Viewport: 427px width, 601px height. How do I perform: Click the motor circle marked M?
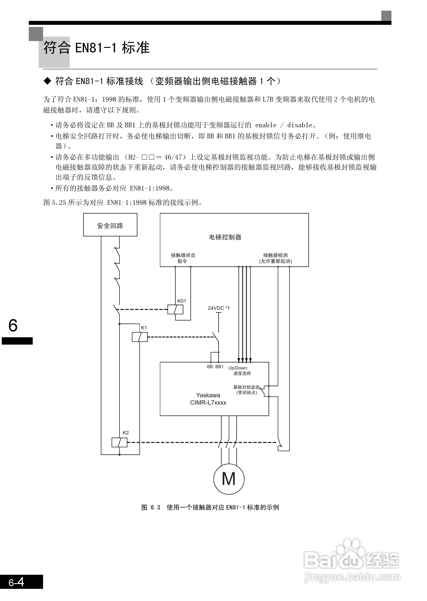point(229,479)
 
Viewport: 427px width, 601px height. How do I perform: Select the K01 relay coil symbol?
point(175,309)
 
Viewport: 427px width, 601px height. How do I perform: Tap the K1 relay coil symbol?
point(140,337)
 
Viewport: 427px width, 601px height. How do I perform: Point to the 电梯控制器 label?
point(225,237)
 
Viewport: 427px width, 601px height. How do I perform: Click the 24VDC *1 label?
point(219,308)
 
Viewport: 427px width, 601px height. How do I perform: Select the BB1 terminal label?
point(219,367)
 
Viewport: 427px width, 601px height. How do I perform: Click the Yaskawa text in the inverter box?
point(208,395)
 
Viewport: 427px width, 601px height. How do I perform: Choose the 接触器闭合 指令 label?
point(183,258)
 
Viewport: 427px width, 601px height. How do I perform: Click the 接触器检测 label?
point(275,255)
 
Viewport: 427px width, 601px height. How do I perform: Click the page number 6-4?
point(16,582)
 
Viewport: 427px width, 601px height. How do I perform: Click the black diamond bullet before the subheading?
point(48,81)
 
